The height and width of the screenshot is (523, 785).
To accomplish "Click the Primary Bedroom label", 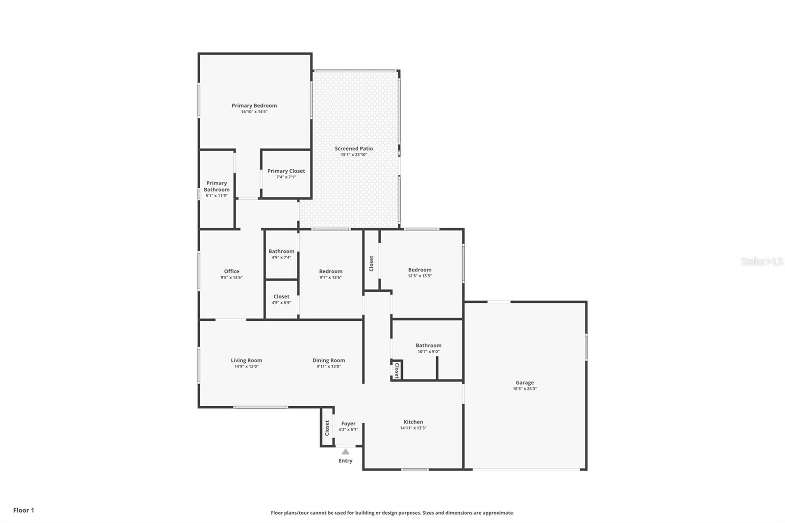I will point(254,105).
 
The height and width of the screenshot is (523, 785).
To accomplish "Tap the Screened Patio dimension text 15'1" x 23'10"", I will point(354,155).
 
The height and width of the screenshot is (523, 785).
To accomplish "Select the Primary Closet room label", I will point(286,171).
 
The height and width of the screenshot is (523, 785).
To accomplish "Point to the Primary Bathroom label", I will point(216,186).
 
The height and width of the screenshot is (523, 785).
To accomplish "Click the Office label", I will point(232,271).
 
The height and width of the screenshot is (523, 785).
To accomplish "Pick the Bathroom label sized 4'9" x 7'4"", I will point(281,251).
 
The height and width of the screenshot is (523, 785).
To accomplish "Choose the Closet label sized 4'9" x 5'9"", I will point(281,297).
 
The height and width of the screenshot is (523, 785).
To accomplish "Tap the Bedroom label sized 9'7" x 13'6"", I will point(331,271).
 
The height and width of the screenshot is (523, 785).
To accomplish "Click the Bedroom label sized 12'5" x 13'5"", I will point(419,270).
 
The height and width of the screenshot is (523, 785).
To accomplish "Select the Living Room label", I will point(246,361).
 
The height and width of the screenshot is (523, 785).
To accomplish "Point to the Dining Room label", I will point(329,361).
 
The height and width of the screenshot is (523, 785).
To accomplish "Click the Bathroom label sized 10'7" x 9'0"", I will point(428,345).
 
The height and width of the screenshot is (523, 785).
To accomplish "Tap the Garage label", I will point(524,383).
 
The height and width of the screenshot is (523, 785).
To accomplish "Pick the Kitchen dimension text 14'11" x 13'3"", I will point(413,428).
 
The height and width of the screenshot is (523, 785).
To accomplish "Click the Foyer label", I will point(348,424).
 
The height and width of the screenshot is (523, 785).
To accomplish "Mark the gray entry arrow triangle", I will point(345,452).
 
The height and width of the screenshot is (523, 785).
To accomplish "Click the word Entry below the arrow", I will point(345,461).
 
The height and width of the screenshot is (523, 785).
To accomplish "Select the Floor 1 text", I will point(24,510).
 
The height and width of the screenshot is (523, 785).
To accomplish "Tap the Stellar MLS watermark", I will point(761,262).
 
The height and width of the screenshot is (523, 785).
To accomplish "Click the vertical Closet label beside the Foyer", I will point(327,427).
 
